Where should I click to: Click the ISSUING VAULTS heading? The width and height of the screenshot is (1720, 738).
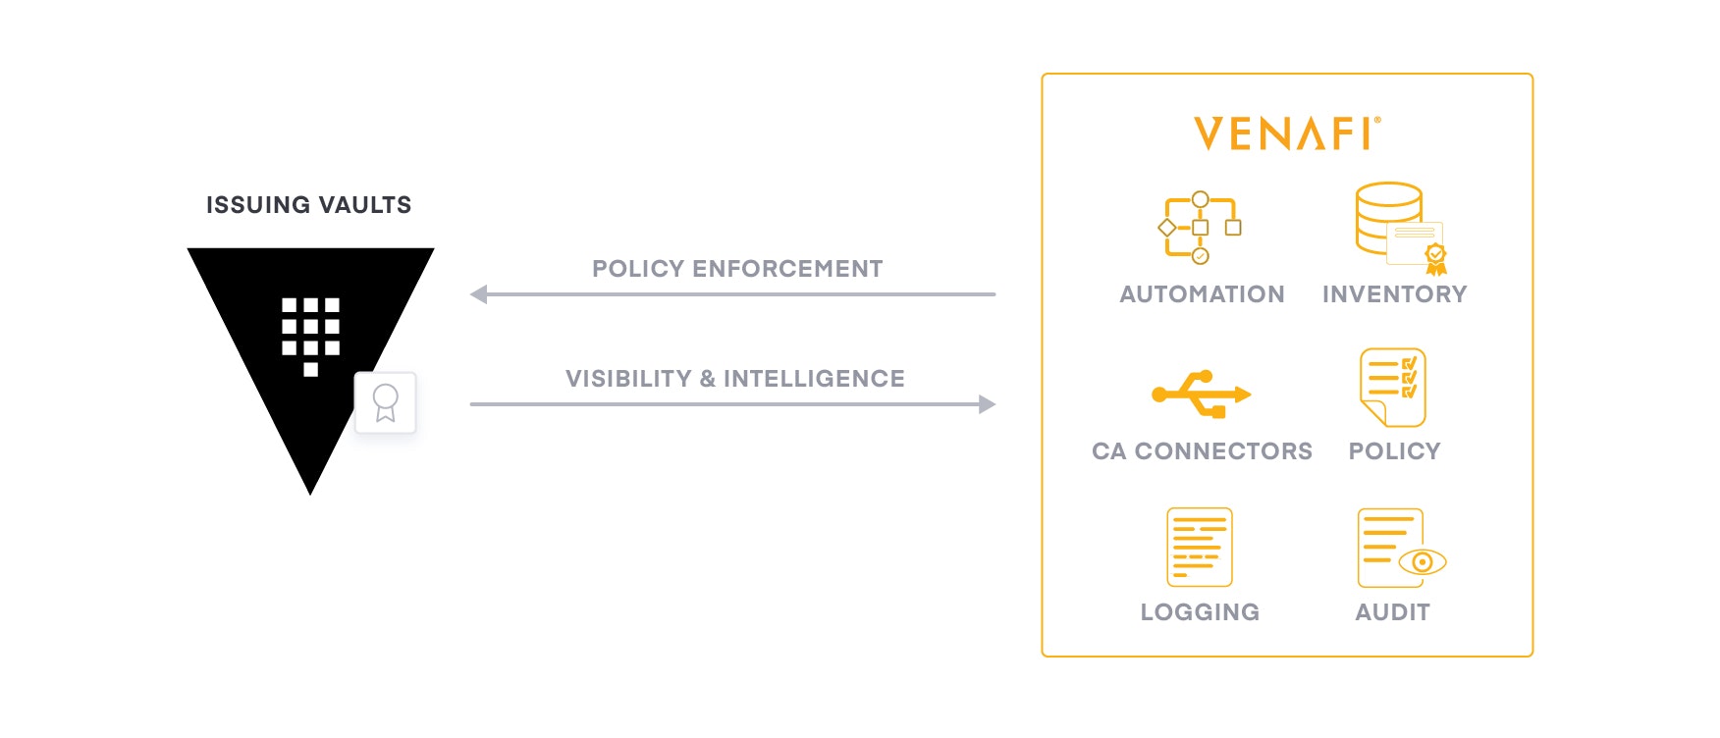tap(308, 205)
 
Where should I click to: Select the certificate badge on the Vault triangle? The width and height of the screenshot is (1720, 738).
tap(385, 402)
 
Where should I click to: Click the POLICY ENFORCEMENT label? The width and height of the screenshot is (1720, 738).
tap(737, 269)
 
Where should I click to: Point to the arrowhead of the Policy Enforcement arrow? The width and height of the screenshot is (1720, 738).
tap(479, 294)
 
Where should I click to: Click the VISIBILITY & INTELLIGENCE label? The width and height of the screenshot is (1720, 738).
tap(734, 379)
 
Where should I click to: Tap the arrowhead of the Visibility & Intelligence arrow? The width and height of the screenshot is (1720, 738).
tap(987, 404)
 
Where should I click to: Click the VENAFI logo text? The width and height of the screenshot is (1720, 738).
tap(1286, 133)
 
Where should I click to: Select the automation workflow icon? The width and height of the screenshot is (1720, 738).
tap(1200, 228)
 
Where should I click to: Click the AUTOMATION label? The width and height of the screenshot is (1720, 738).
tap(1202, 294)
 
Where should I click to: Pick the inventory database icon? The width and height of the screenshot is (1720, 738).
tap(1399, 228)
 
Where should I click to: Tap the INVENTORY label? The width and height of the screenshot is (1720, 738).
tap(1394, 294)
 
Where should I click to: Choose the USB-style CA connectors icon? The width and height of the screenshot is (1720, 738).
tap(1201, 394)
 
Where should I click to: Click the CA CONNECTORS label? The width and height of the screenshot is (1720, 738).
tap(1202, 451)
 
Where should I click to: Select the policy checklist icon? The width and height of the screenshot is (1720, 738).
tap(1392, 388)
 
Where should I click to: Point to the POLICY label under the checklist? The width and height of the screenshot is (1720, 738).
tap(1394, 451)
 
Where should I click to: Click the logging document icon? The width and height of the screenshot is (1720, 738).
tap(1199, 547)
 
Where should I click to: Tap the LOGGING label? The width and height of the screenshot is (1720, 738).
tap(1200, 612)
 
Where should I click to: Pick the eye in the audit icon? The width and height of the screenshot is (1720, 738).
tap(1422, 562)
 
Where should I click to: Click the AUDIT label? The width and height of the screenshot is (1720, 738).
tap(1392, 612)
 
